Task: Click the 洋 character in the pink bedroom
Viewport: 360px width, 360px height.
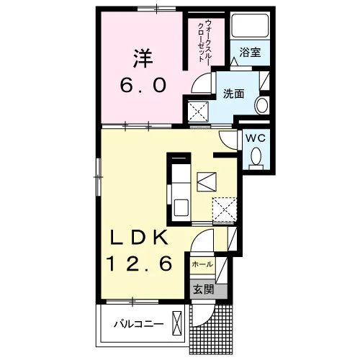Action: point(143,59)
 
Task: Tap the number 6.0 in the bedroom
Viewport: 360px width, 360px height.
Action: point(143,86)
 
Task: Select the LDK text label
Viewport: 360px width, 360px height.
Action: point(139,237)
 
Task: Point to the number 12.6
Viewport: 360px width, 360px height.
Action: point(140,263)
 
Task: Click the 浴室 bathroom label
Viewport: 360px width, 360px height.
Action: point(250,53)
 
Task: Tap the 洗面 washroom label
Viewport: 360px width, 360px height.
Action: point(233,94)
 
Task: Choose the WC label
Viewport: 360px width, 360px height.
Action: point(255,138)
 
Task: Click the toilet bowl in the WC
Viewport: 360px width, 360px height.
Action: point(256,157)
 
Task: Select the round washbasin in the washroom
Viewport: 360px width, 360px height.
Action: point(261,106)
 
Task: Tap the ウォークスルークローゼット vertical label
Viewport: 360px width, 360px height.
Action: point(204,41)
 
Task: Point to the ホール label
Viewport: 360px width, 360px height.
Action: point(202,264)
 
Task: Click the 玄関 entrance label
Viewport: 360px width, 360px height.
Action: point(204,289)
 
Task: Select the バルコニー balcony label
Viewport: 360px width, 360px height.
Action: point(138,325)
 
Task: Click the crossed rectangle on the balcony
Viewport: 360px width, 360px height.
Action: point(177,323)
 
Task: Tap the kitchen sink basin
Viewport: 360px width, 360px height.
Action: point(181,207)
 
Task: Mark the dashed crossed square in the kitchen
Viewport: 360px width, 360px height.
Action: point(225,210)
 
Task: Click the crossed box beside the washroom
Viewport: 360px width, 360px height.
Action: point(198,112)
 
